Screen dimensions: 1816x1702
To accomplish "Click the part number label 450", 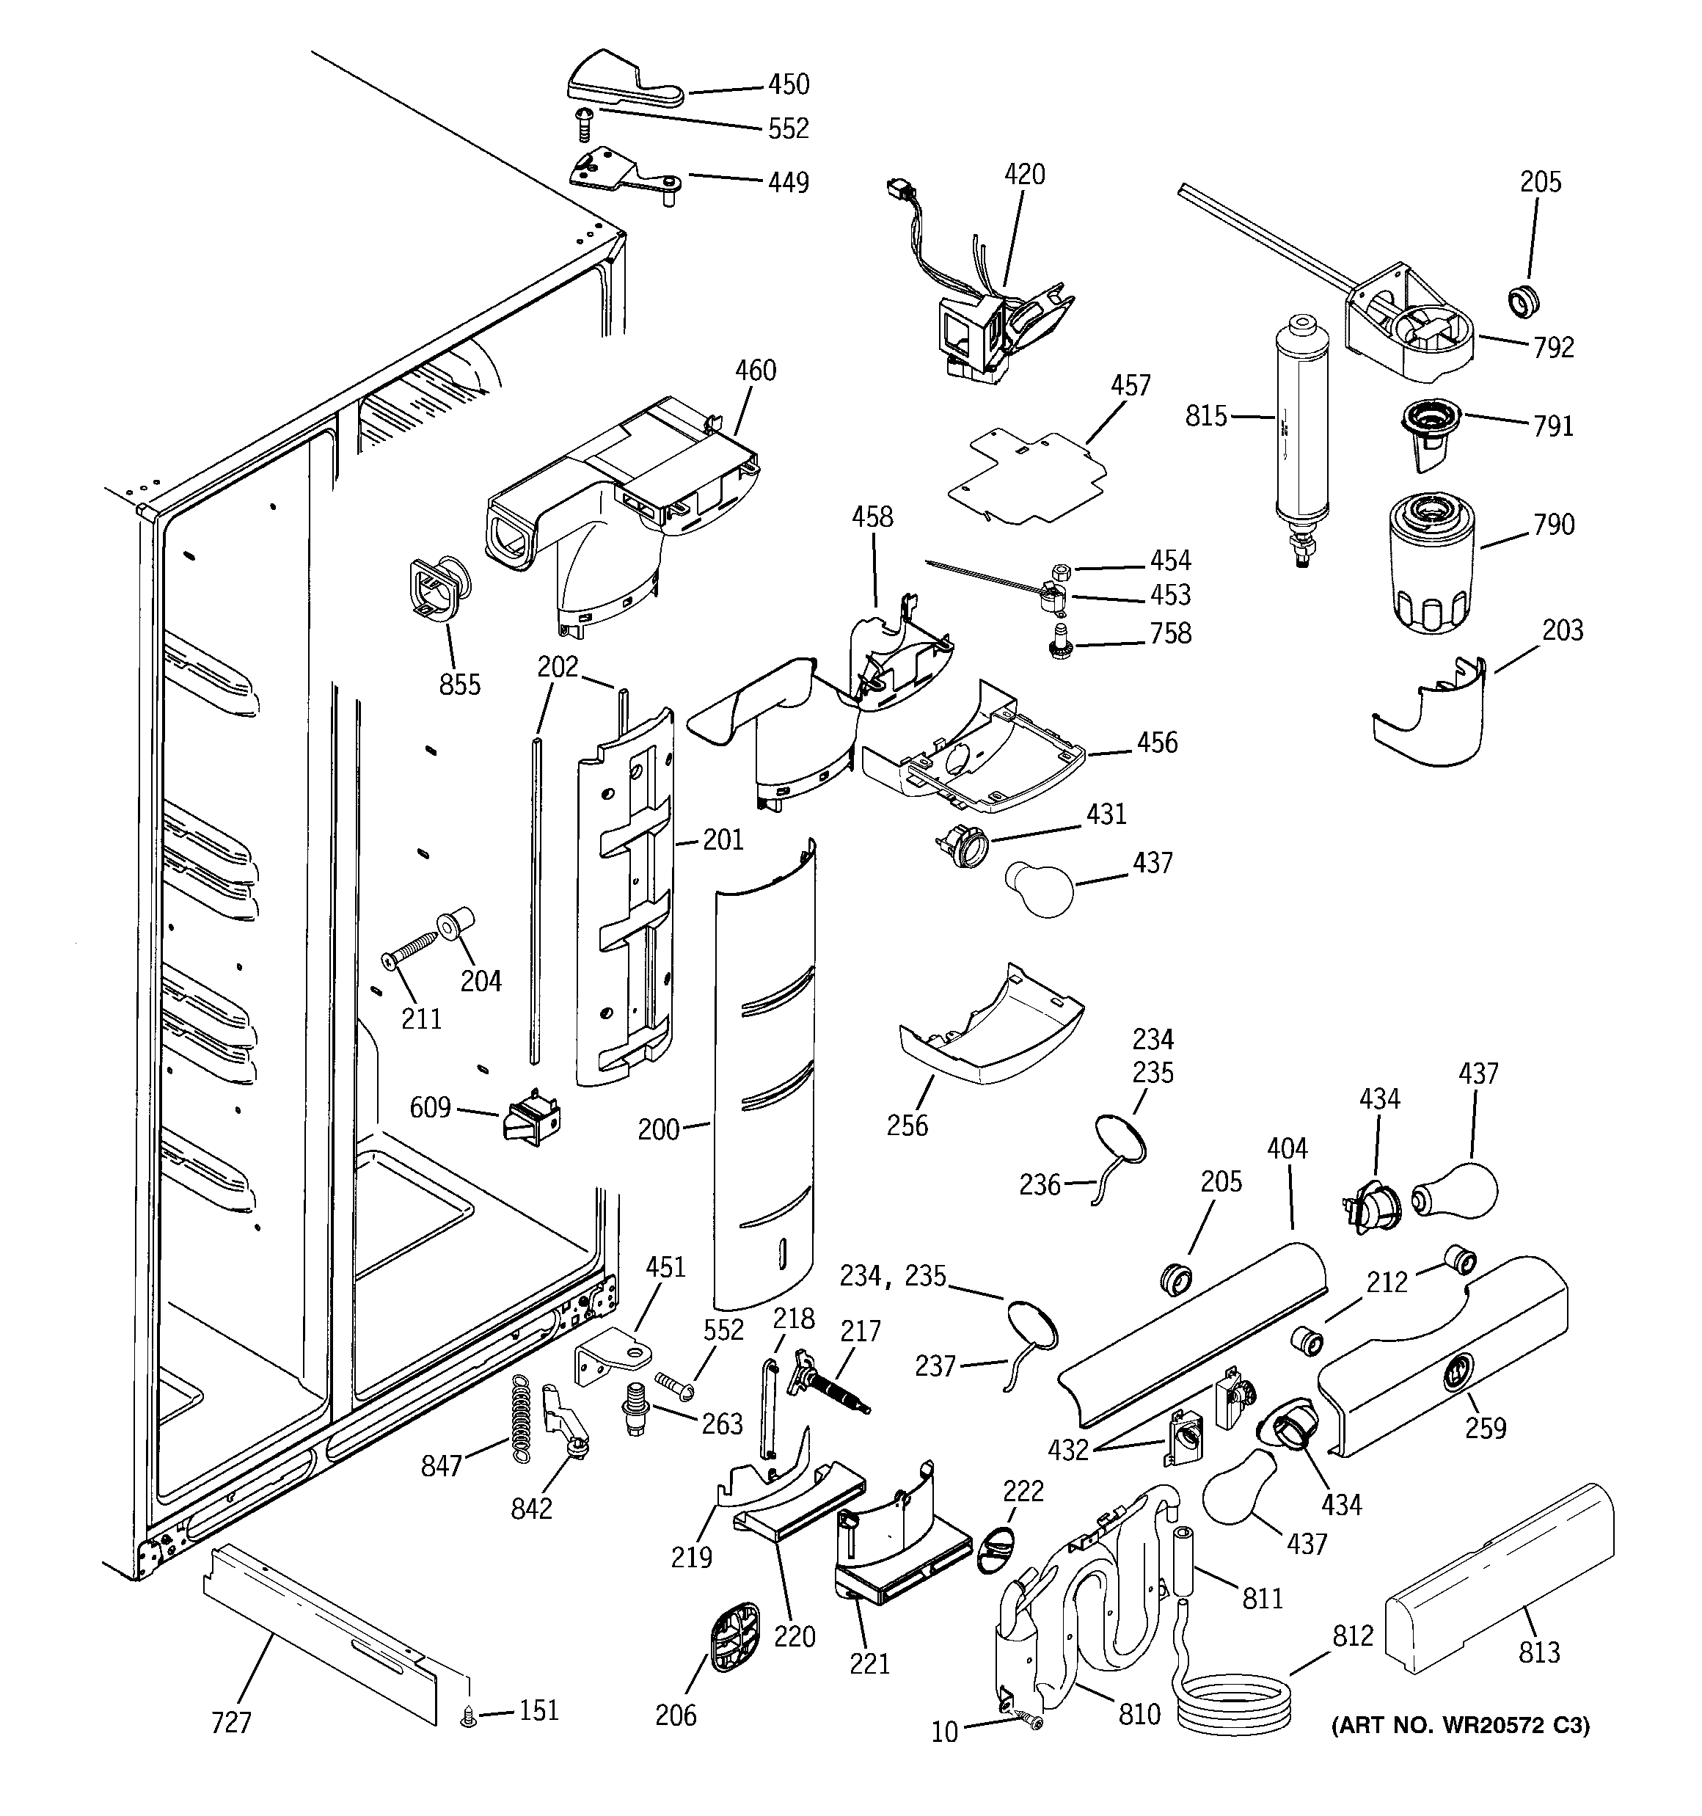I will (x=787, y=84).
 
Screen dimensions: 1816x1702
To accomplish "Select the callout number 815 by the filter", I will (x=1206, y=417).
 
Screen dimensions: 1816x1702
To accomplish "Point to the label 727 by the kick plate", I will (x=230, y=1723).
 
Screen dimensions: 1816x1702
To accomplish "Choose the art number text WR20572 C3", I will (x=1460, y=1726).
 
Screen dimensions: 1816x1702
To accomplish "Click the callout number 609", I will (x=429, y=1107).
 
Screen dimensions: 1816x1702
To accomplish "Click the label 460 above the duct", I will (x=756, y=371).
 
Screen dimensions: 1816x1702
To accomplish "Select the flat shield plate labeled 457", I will (x=1028, y=480).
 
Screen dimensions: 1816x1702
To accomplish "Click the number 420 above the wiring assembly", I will (x=1024, y=175).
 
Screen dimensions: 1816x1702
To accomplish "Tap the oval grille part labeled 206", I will (x=734, y=1638).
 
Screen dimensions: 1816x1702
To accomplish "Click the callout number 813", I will (x=1538, y=1652).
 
